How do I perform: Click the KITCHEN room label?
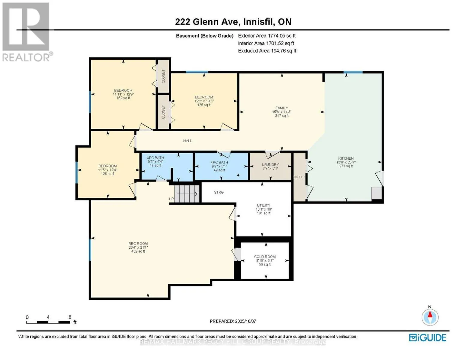click(x=346, y=158)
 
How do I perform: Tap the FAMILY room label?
click(x=281, y=108)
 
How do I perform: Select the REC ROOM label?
click(x=138, y=244)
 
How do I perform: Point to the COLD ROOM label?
click(x=265, y=257)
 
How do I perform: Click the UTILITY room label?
click(x=263, y=205)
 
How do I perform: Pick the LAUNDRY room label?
click(x=270, y=164)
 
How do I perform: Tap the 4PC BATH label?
click(x=219, y=162)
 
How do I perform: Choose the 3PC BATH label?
click(x=155, y=158)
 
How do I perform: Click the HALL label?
click(x=188, y=141)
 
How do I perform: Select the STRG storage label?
click(x=219, y=192)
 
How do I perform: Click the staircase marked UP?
click(x=187, y=194)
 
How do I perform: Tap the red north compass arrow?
click(x=430, y=314)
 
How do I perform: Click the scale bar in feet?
click(x=48, y=322)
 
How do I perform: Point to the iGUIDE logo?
click(x=428, y=337)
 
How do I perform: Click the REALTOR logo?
click(x=27, y=32)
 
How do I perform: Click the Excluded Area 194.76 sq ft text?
click(x=267, y=51)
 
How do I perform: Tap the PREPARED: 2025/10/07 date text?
click(x=233, y=321)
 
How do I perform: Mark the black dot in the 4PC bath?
click(x=238, y=175)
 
